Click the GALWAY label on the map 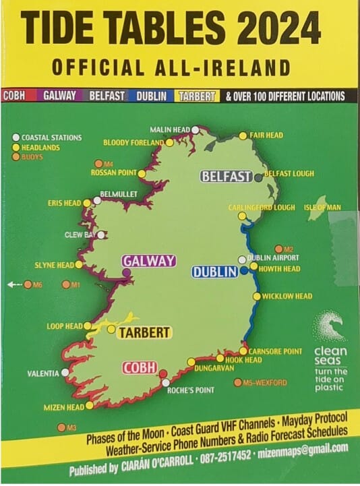coord(148,261)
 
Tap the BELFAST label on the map coord(226,177)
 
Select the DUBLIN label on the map coord(215,272)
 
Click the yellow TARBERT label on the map coord(144,333)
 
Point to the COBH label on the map coord(140,368)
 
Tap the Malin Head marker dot coord(196,129)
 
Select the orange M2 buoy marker coord(278,249)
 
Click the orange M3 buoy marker coord(61,427)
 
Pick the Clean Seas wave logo coord(330,328)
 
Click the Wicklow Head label coord(287,296)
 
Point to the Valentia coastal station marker coord(65,372)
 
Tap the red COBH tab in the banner coord(14,96)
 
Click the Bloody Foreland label coord(133,143)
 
